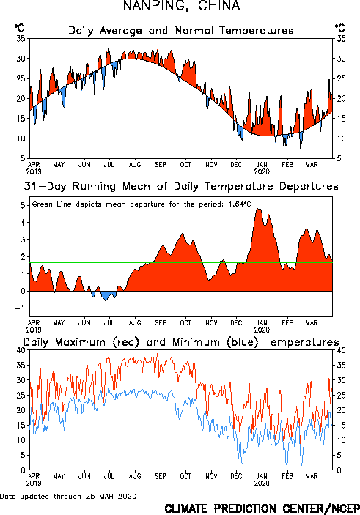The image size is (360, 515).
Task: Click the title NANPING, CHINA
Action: (x=182, y=6)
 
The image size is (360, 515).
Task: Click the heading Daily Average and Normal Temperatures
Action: (x=181, y=31)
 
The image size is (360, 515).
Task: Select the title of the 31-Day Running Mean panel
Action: (x=181, y=186)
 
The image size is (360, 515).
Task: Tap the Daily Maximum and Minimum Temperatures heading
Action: (x=181, y=342)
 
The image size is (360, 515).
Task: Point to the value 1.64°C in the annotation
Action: (x=240, y=204)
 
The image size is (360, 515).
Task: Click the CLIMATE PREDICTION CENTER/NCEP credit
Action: (x=262, y=508)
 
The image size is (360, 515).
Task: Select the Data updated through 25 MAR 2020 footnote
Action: (x=68, y=496)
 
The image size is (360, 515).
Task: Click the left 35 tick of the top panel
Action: (x=21, y=38)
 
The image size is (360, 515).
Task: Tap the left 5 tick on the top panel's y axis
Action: (x=23, y=158)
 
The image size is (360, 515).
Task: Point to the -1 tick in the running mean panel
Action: (x=20, y=308)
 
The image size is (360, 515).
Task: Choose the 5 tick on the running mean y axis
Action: (x=23, y=205)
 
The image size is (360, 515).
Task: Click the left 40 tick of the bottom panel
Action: (x=21, y=350)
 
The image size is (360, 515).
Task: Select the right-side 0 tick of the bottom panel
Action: (x=339, y=470)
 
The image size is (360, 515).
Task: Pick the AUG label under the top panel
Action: (x=135, y=164)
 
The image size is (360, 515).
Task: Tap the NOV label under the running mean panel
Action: (x=211, y=322)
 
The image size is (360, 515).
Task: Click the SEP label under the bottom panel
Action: (x=161, y=476)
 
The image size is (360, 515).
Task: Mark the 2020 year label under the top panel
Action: (x=262, y=171)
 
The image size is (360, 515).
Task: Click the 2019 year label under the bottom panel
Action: (x=34, y=483)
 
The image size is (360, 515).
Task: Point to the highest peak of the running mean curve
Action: (x=258, y=209)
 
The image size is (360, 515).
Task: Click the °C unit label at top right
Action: (x=340, y=28)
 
